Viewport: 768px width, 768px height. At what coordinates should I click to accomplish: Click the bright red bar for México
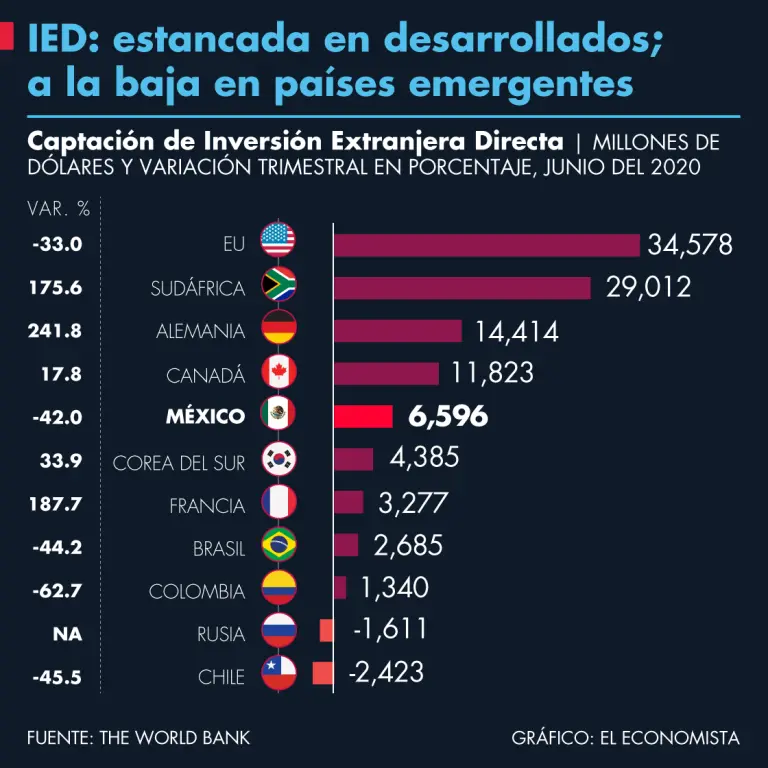click(361, 417)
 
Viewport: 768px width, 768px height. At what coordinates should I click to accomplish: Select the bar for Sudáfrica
click(463, 288)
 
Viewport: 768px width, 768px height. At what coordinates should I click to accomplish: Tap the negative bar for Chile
click(322, 674)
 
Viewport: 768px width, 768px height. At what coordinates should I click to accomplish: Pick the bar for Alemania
click(398, 331)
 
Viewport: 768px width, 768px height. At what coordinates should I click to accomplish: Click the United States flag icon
click(278, 244)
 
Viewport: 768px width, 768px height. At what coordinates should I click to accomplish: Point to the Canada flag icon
click(278, 374)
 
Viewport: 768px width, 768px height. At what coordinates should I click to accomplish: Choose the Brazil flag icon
click(278, 547)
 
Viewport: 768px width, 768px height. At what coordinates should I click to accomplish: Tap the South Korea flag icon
click(278, 460)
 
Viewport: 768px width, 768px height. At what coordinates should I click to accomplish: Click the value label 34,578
click(690, 245)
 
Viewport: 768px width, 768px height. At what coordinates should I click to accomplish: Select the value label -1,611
click(390, 629)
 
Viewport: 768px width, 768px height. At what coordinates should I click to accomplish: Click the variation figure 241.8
click(56, 331)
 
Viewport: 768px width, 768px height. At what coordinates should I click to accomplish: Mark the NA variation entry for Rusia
click(68, 634)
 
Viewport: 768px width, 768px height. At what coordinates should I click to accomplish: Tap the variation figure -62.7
click(56, 591)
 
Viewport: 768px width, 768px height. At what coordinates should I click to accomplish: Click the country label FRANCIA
click(207, 505)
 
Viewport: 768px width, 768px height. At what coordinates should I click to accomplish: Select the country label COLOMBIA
click(197, 591)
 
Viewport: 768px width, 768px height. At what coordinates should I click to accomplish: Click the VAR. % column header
click(59, 209)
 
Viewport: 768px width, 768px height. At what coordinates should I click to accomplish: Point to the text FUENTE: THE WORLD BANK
click(139, 738)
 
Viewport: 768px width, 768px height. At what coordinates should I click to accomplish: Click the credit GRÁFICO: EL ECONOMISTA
click(626, 738)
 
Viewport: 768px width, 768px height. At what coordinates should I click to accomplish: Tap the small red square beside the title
click(6, 39)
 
